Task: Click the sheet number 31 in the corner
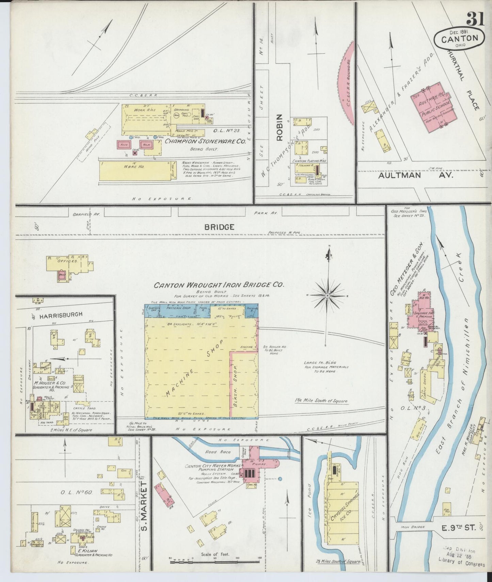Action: (476, 19)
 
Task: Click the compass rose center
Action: (327, 296)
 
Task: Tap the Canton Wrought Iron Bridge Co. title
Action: (219, 285)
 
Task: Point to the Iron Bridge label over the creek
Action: (413, 527)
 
